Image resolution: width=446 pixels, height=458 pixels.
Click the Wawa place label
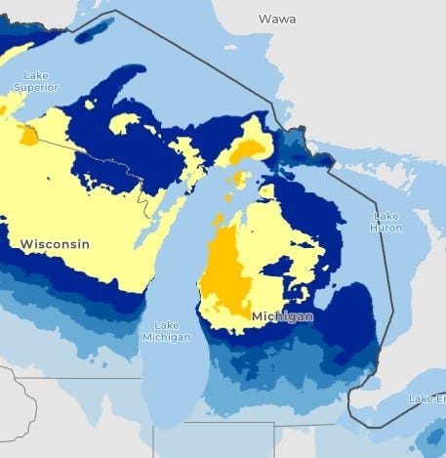[277, 19]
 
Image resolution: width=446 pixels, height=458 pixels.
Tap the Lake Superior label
[35, 81]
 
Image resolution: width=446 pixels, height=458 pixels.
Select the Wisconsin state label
[56, 242]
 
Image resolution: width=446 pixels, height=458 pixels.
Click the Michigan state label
[283, 317]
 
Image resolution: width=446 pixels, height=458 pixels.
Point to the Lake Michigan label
[164, 331]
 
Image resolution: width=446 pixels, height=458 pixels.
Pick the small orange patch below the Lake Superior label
[29, 135]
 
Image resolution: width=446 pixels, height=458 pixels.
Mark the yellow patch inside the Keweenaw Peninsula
[125, 123]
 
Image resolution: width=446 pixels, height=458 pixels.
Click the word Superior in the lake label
[35, 87]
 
